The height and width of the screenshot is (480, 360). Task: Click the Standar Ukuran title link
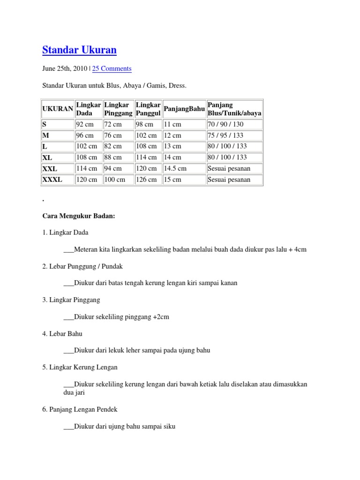pos(79,50)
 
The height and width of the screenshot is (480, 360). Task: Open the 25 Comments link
pos(112,68)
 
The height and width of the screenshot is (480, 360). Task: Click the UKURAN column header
pos(58,109)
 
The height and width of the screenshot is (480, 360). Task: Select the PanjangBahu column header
pos(184,109)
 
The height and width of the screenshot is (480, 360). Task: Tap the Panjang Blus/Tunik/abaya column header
pos(234,109)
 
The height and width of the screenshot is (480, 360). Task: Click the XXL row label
pos(50,168)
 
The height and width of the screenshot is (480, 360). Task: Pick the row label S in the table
pos(45,124)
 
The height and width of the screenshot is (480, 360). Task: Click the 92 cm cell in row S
pos(85,124)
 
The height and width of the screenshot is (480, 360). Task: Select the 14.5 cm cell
pos(175,168)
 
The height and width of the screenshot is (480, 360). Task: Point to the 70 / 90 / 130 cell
pos(225,124)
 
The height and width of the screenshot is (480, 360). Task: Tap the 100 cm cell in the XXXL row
pos(115,180)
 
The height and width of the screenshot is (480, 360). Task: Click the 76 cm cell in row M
pos(112,135)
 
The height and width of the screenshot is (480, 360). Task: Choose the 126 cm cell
pos(146,180)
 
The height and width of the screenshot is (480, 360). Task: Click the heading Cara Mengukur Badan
pos(78,216)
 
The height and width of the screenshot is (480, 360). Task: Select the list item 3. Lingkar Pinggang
pos(71,300)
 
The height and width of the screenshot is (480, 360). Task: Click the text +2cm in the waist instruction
pos(161,317)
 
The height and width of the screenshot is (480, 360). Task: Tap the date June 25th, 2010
pos(65,68)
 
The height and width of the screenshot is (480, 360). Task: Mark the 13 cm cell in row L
pos(172,146)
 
